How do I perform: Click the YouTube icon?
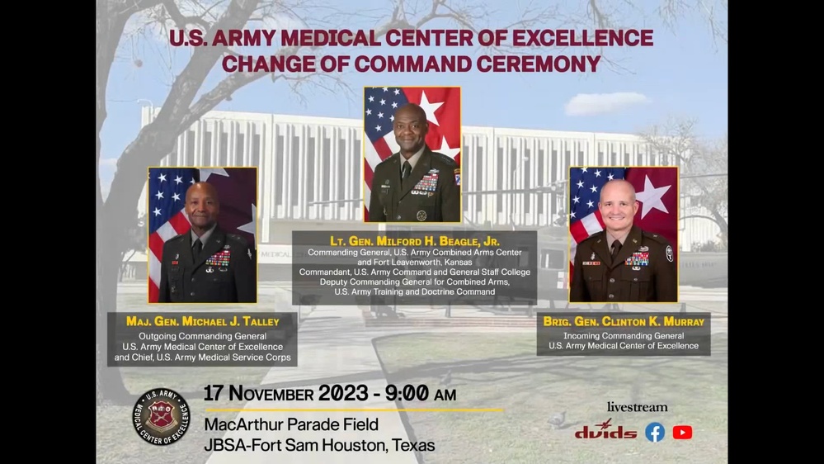tap(682, 432)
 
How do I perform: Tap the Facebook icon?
tap(655, 432)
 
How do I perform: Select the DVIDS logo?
tap(605, 432)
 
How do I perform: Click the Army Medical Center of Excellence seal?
tap(162, 416)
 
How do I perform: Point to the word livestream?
tap(637, 407)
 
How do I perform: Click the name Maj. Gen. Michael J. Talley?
tap(202, 320)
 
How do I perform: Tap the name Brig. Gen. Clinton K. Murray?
tap(624, 321)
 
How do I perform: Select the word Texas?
tap(413, 445)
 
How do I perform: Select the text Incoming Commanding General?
tap(624, 336)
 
